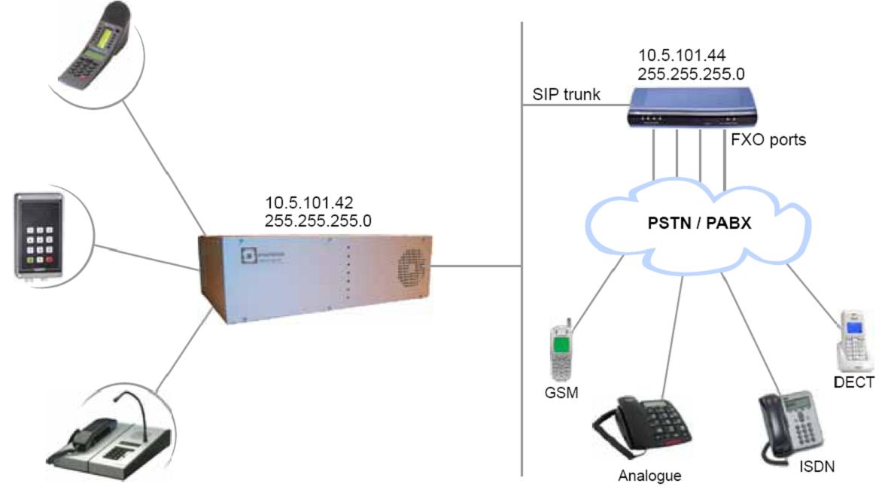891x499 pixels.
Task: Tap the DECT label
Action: point(853,383)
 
